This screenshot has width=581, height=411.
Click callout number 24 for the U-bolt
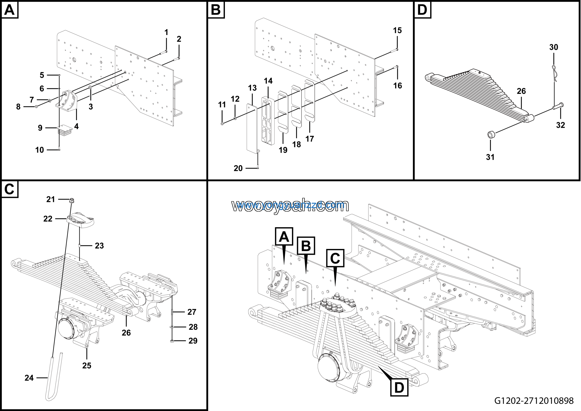(x=29, y=378)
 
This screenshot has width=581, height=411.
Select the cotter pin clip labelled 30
(x=554, y=73)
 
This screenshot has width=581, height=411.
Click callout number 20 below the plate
(x=238, y=168)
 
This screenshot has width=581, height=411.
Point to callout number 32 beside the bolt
(x=561, y=125)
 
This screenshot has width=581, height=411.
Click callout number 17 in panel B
(x=310, y=139)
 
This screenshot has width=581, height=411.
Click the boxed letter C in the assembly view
(x=335, y=258)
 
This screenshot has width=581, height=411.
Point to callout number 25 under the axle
(x=86, y=365)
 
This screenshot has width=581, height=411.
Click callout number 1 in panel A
(x=166, y=32)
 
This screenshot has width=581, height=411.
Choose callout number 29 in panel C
(x=193, y=341)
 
